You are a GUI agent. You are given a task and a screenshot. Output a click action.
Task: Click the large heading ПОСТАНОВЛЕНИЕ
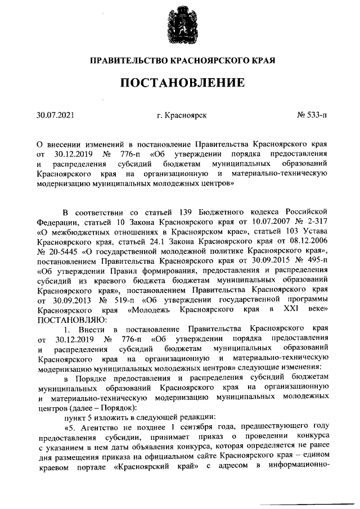(181, 83)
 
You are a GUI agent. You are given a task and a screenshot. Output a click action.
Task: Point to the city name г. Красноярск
(182, 116)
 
